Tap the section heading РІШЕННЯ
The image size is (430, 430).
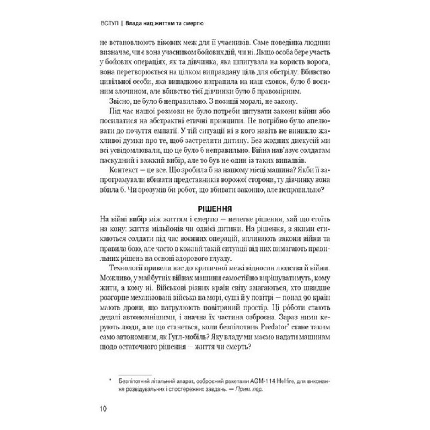[x=215, y=210]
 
